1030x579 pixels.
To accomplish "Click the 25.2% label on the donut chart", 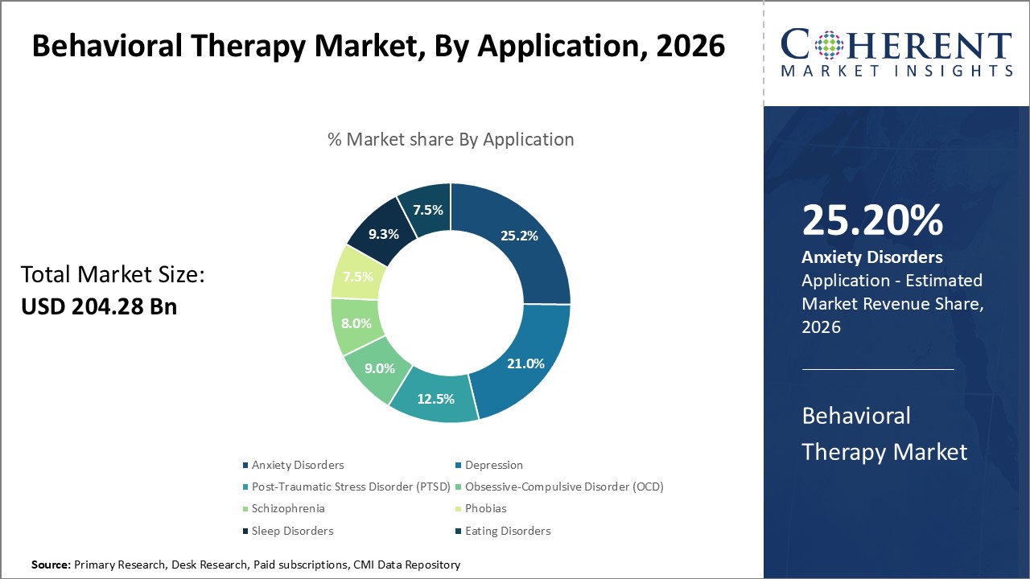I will pyautogui.click(x=518, y=236).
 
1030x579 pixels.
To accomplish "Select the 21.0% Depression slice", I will pyautogui.click(x=525, y=363).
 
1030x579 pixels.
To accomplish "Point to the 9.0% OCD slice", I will pyautogui.click(x=379, y=368).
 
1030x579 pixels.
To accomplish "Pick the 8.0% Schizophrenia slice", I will pyautogui.click(x=356, y=323).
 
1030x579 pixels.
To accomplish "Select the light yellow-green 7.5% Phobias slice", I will pyautogui.click(x=356, y=277).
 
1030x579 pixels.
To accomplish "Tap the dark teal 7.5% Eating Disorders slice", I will pyautogui.click(x=427, y=210).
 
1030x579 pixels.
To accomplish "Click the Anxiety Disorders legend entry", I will pyautogui.click(x=297, y=465).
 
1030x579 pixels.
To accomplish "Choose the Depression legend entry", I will pyautogui.click(x=493, y=465).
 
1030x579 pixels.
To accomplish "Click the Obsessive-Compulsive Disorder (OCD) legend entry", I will pyautogui.click(x=563, y=487).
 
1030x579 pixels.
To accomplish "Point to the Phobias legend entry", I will pyautogui.click(x=485, y=508).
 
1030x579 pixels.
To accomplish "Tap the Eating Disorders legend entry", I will pyautogui.click(x=507, y=531).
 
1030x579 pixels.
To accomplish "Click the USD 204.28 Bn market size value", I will pyautogui.click(x=98, y=306).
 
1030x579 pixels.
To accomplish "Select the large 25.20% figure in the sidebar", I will pyautogui.click(x=871, y=220).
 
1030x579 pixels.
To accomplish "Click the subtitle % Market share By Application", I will pyautogui.click(x=451, y=139).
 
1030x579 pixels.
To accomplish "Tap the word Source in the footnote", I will pyautogui.click(x=51, y=565).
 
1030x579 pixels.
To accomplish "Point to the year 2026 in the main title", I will pyautogui.click(x=690, y=47).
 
